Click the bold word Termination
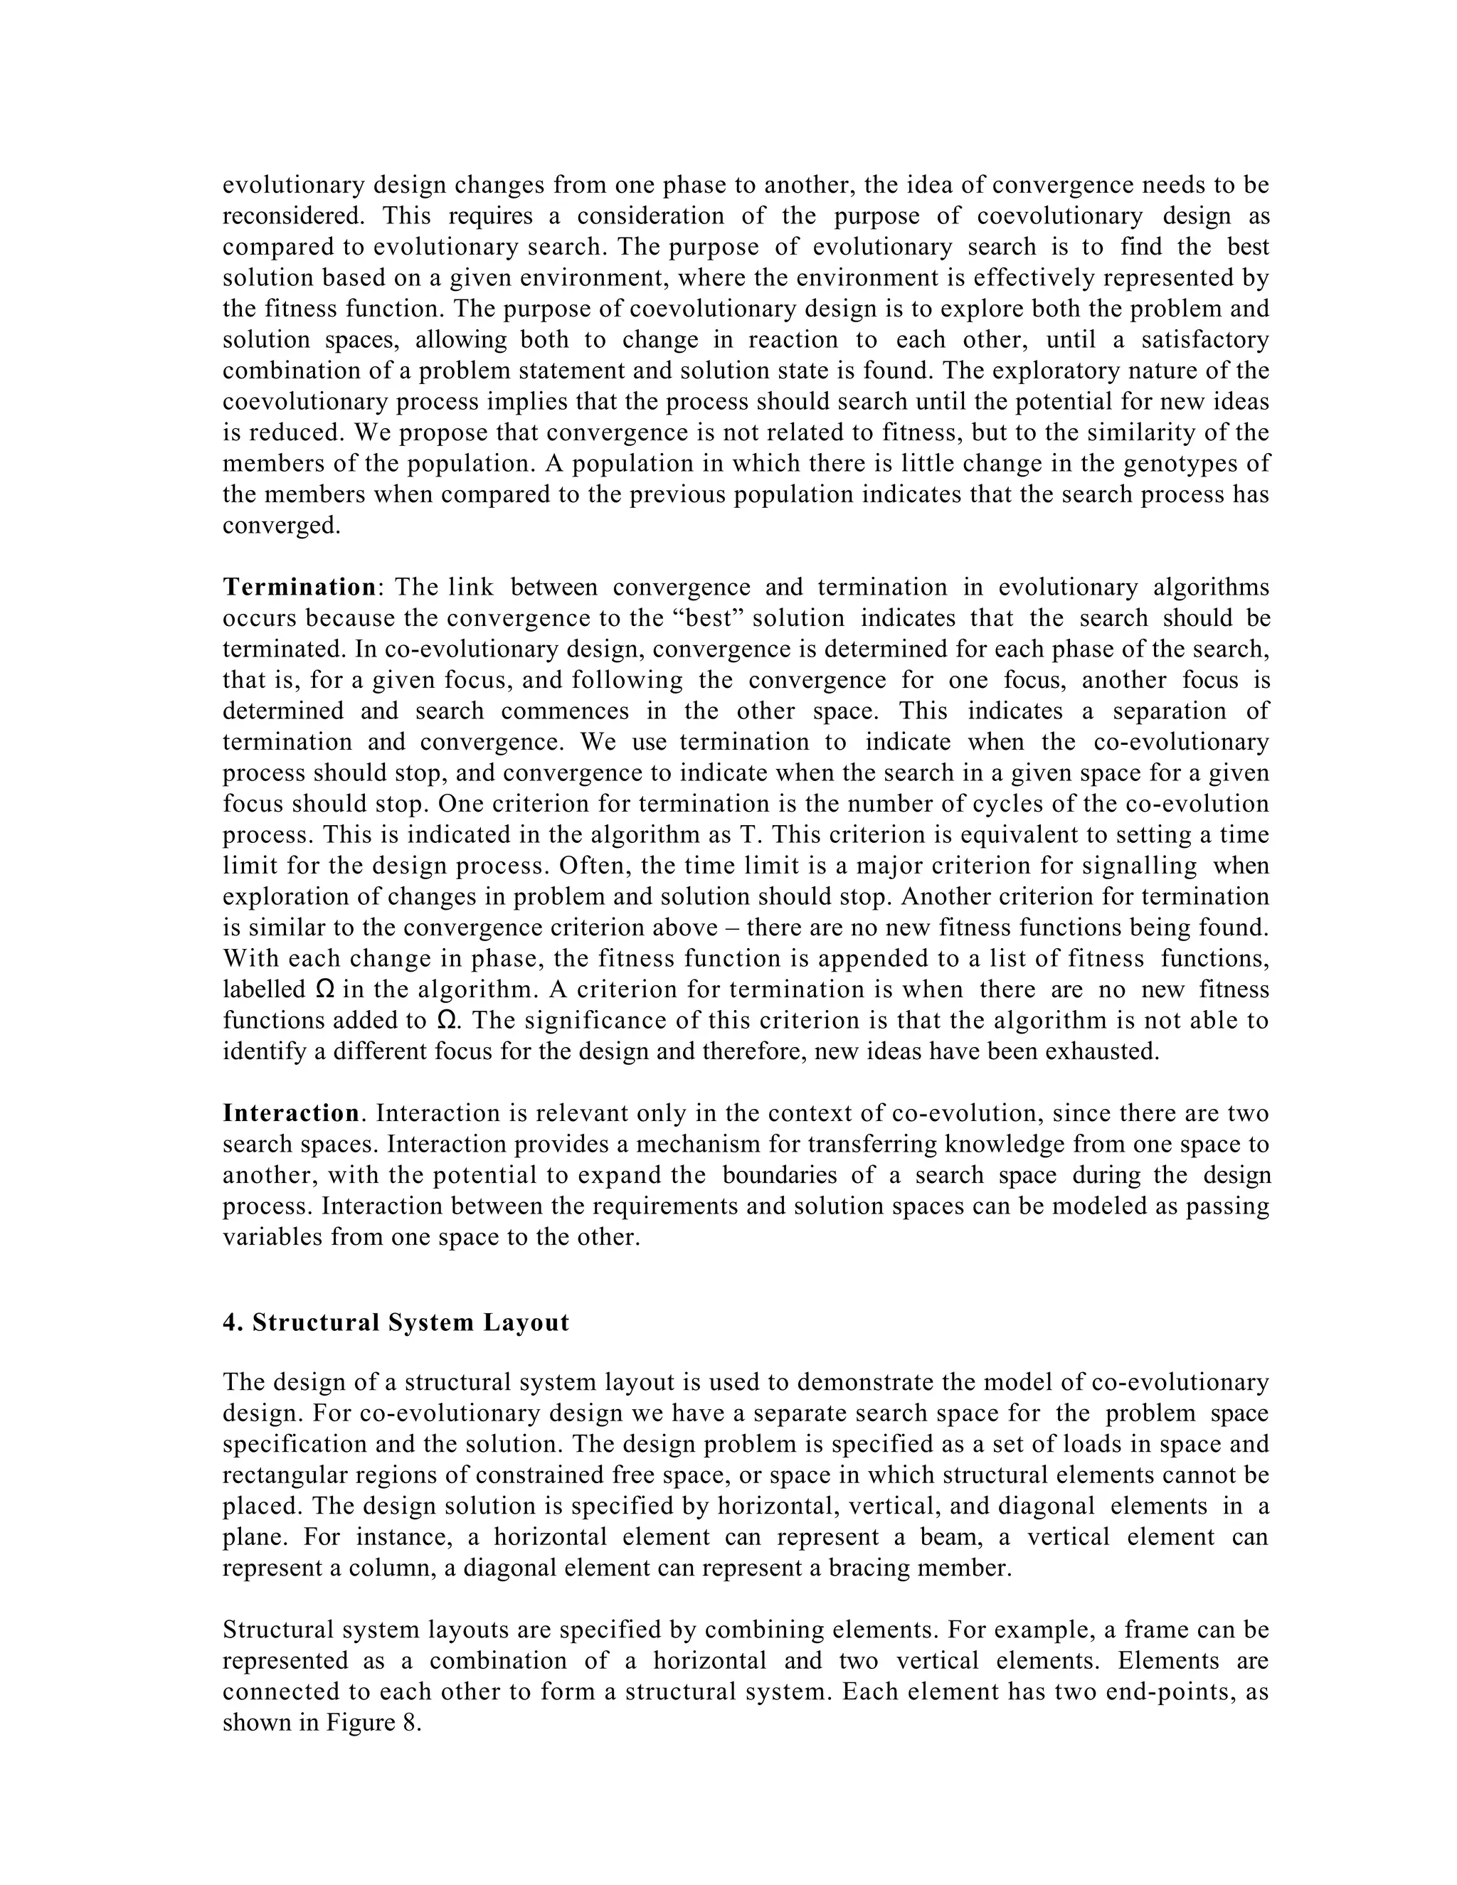(x=299, y=588)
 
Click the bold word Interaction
(x=291, y=1113)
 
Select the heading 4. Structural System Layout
(x=396, y=1323)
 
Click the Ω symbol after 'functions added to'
(x=446, y=1021)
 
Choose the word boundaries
(x=780, y=1176)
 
